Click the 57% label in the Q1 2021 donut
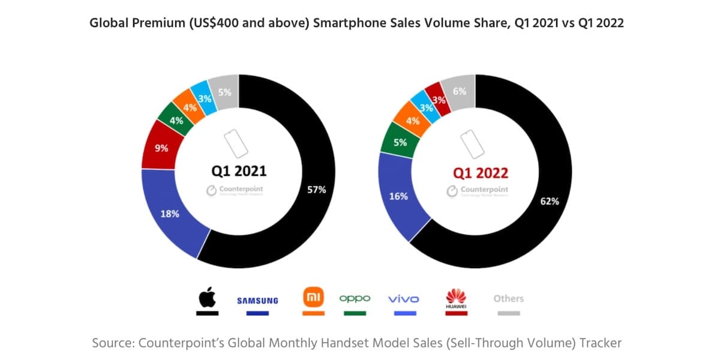point(317,190)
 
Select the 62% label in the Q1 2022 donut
point(550,201)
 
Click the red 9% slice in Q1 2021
point(160,147)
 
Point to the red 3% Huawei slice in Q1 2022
point(439,100)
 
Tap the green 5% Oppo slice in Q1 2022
point(400,143)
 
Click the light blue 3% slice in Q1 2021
point(205,99)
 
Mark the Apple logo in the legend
point(207,297)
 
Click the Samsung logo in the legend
point(257,300)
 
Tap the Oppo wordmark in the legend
point(355,298)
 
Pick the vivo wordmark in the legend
point(404,299)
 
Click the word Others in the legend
point(508,298)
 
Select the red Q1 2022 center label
point(481,173)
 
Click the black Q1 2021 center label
point(239,171)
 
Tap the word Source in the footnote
point(112,343)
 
